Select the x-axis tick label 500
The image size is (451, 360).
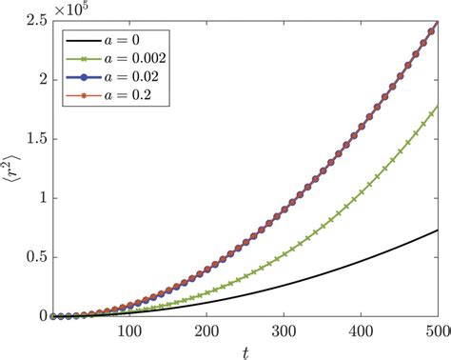tap(436, 330)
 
